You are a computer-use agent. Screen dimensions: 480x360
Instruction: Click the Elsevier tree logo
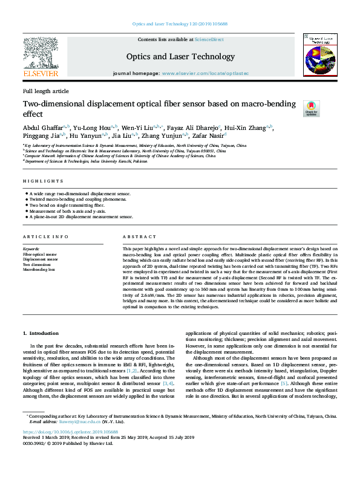[41, 57]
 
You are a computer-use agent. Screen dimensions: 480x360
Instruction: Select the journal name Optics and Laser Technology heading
[180, 57]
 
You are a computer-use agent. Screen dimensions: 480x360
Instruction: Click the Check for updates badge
[310, 108]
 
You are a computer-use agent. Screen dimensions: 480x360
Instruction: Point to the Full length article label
[46, 91]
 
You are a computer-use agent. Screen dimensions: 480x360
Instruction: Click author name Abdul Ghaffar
[43, 128]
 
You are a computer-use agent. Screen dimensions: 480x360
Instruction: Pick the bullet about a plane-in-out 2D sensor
[80, 216]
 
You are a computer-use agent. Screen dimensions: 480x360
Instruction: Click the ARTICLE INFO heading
[46, 236]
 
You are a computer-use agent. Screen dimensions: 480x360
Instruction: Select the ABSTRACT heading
[136, 236]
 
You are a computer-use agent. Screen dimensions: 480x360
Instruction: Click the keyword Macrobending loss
[39, 270]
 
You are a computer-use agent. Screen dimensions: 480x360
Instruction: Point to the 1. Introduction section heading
[41, 333]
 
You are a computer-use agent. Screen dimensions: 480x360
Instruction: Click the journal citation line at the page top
[179, 24]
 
